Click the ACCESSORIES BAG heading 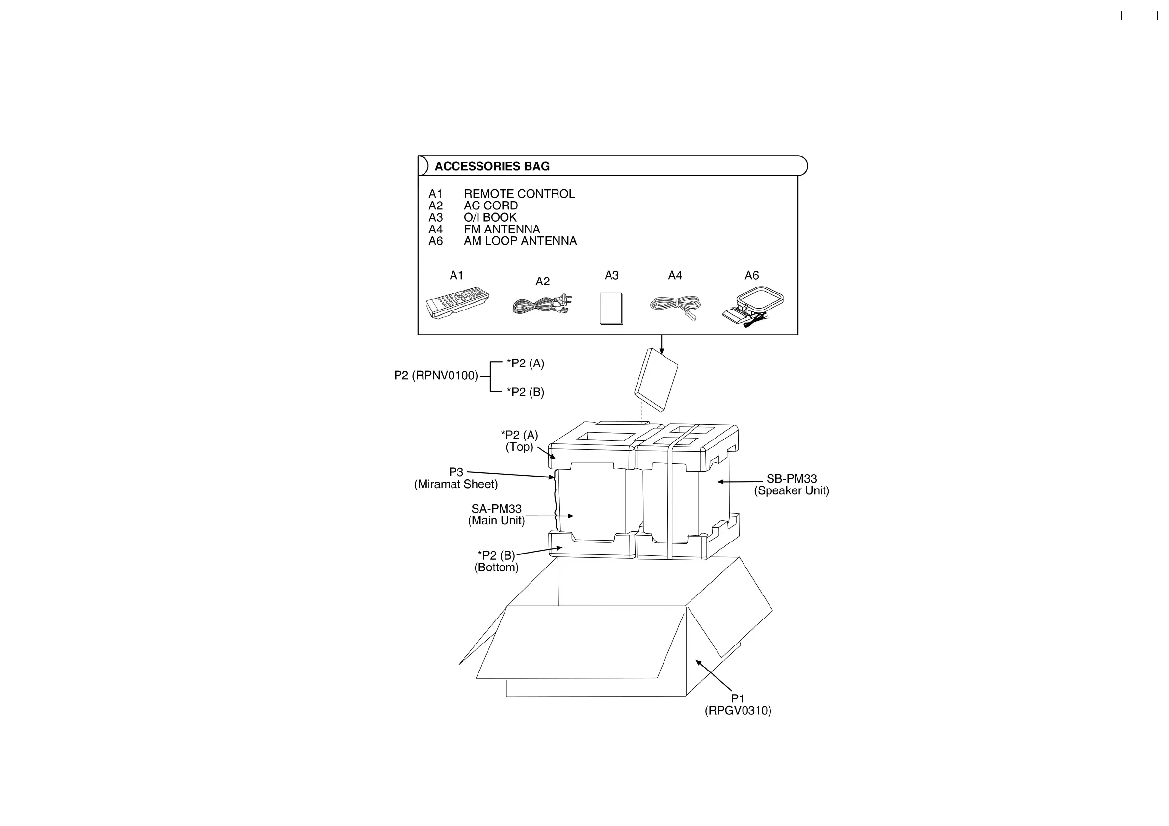492,166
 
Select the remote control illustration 457,302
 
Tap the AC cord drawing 542,304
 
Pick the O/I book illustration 611,309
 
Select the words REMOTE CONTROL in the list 519,194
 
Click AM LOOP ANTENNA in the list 520,241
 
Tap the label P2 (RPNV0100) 436,376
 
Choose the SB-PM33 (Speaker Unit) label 791,485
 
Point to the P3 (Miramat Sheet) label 456,478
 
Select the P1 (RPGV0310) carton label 738,704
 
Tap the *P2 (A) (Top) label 519,441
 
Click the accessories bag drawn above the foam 656,380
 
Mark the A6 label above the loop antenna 751,275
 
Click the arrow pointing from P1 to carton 714,675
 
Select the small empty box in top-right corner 1140,16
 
